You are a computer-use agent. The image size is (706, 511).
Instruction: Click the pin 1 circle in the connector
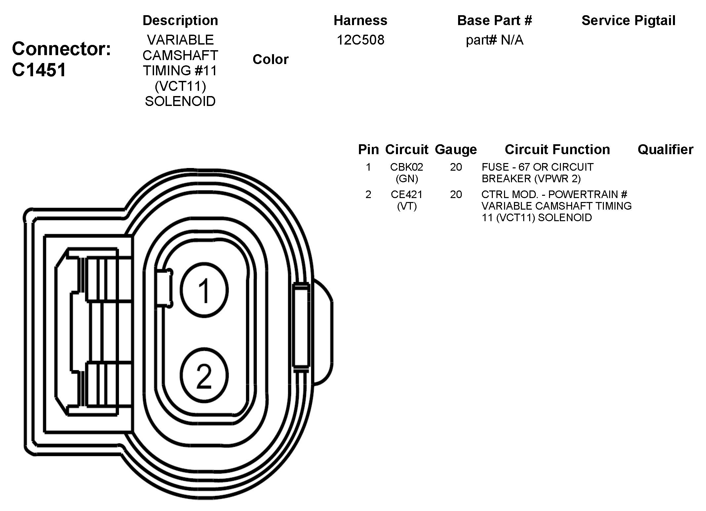(204, 290)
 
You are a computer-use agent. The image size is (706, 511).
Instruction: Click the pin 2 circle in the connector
(204, 375)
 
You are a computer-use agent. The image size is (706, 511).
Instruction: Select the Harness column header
(360, 20)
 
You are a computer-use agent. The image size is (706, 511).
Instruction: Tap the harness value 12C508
(360, 40)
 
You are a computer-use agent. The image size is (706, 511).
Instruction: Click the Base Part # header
(494, 20)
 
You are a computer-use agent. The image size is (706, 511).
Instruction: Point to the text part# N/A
(494, 40)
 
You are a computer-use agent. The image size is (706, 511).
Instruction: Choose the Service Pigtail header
(628, 20)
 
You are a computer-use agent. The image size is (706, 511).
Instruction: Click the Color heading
(270, 59)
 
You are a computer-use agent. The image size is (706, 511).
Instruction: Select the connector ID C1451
(39, 70)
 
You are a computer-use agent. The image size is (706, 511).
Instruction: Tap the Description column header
(180, 20)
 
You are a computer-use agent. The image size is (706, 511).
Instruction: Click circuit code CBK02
(407, 167)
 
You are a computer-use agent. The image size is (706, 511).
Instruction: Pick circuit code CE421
(407, 194)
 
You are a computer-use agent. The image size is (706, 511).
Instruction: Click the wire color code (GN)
(407, 179)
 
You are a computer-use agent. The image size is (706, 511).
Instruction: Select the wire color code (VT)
(407, 206)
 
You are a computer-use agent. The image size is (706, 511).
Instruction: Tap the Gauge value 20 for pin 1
(456, 167)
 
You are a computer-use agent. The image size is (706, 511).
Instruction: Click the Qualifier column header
(665, 150)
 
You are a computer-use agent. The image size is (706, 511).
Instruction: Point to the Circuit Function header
(557, 150)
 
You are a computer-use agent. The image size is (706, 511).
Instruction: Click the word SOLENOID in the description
(180, 101)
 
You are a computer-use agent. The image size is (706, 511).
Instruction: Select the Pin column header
(368, 150)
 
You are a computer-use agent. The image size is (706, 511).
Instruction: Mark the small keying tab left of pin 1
(164, 288)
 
